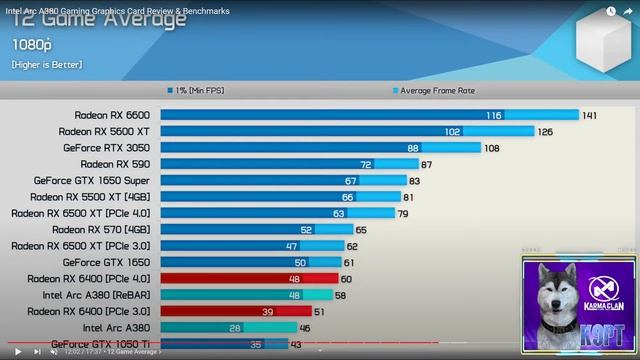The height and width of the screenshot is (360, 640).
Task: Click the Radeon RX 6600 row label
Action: click(x=113, y=115)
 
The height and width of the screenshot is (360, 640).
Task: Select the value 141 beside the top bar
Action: click(x=589, y=115)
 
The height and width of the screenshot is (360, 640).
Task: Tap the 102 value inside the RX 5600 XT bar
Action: click(x=453, y=131)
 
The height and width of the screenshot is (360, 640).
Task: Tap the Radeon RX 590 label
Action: click(x=116, y=164)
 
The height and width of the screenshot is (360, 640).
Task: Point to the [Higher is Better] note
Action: click(x=48, y=65)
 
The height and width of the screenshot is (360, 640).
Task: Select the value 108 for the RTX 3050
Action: click(x=491, y=147)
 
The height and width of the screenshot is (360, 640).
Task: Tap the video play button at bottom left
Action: click(x=17, y=351)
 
